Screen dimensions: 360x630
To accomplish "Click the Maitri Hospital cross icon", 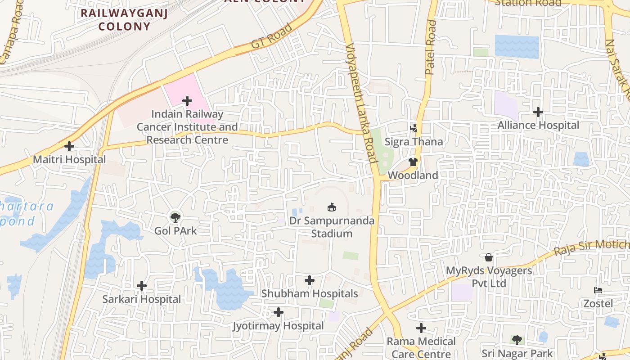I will (x=69, y=146).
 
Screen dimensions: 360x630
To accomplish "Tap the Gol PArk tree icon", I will (x=175, y=217).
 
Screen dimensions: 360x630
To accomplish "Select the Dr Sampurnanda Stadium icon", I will (x=332, y=207).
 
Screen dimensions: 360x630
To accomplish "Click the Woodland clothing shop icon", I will (x=413, y=162).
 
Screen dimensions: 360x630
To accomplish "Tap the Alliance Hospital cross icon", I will (x=538, y=112).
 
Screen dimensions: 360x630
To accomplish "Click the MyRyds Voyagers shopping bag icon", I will (x=489, y=257).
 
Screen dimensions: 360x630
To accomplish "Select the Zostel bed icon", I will (x=598, y=291).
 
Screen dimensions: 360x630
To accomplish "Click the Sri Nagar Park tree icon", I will (x=517, y=340).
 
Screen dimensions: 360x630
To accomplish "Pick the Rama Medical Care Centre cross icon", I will (x=421, y=328).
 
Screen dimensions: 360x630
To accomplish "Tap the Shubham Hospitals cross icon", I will (x=310, y=280).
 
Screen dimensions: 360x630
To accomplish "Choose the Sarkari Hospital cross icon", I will (x=142, y=286).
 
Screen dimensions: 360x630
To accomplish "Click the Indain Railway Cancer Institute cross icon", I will (x=187, y=101).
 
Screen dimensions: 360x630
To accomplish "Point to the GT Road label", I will (x=271, y=36).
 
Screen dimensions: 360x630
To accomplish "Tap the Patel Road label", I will (x=431, y=47).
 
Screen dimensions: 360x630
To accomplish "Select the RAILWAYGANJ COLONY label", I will (x=124, y=20).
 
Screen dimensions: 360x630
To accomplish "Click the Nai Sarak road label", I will (x=617, y=67).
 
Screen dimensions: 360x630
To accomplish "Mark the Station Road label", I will (x=528, y=3).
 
